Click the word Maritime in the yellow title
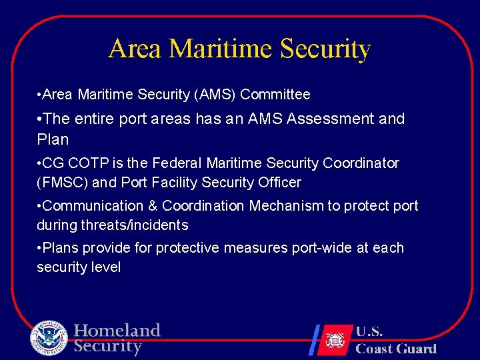(x=221, y=49)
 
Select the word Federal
(x=177, y=163)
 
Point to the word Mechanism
(x=287, y=206)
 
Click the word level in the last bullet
(x=107, y=267)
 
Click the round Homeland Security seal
(x=49, y=338)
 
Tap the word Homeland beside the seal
(x=117, y=331)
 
